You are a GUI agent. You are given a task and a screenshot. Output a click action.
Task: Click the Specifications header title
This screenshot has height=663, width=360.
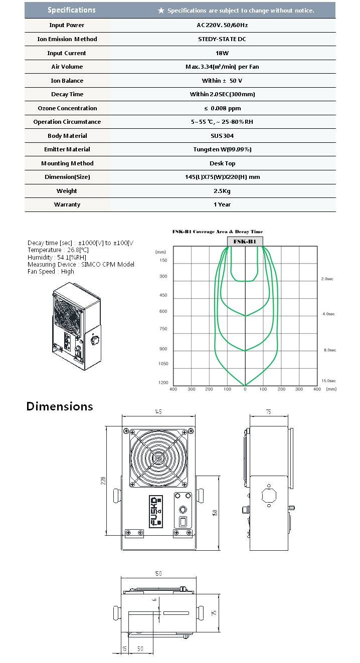pos(71,10)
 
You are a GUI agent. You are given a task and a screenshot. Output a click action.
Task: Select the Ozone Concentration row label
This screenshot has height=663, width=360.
pos(67,108)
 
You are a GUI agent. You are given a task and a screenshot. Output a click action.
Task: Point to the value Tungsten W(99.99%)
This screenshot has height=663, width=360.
pos(222,149)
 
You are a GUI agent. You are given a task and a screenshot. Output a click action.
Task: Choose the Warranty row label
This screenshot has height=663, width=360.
pos(67,204)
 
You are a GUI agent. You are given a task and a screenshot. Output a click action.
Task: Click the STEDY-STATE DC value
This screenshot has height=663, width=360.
pos(221,39)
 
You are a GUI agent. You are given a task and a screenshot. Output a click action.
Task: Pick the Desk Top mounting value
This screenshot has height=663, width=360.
pos(222,163)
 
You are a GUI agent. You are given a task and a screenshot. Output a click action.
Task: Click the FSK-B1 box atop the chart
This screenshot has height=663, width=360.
pos(245,242)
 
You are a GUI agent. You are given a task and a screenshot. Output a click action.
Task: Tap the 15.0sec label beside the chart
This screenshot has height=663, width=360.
pos(328,381)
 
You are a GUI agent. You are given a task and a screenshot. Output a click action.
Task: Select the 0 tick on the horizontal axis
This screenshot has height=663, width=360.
pos(245,389)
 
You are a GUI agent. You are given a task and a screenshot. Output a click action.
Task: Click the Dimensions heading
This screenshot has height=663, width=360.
pos(60,406)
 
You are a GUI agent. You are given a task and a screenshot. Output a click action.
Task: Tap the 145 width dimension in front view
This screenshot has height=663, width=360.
pos(158,412)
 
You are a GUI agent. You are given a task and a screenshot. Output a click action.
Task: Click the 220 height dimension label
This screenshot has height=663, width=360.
pos(104,480)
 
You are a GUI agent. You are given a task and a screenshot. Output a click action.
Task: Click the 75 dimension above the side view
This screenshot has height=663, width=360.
pos(268,412)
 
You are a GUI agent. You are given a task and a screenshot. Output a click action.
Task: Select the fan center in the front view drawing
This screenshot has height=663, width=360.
pos(158,457)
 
